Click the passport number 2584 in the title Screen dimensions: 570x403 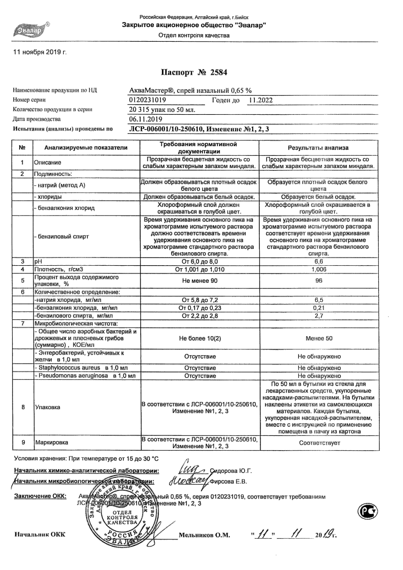[x=218, y=72]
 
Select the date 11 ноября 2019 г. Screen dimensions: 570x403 [x=40, y=52]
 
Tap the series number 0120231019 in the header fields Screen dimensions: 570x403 [x=148, y=100]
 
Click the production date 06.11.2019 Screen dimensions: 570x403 [x=146, y=119]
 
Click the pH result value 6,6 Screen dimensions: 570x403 [x=319, y=262]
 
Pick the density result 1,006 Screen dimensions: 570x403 [x=319, y=269]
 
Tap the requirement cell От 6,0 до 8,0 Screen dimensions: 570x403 [x=200, y=262]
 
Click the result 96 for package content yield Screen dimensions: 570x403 [x=319, y=280]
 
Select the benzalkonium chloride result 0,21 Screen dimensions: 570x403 [x=319, y=308]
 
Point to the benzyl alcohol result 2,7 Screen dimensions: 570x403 [x=319, y=316]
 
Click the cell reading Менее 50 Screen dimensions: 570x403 [x=319, y=338]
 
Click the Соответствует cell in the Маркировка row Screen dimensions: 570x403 [x=319, y=443]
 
